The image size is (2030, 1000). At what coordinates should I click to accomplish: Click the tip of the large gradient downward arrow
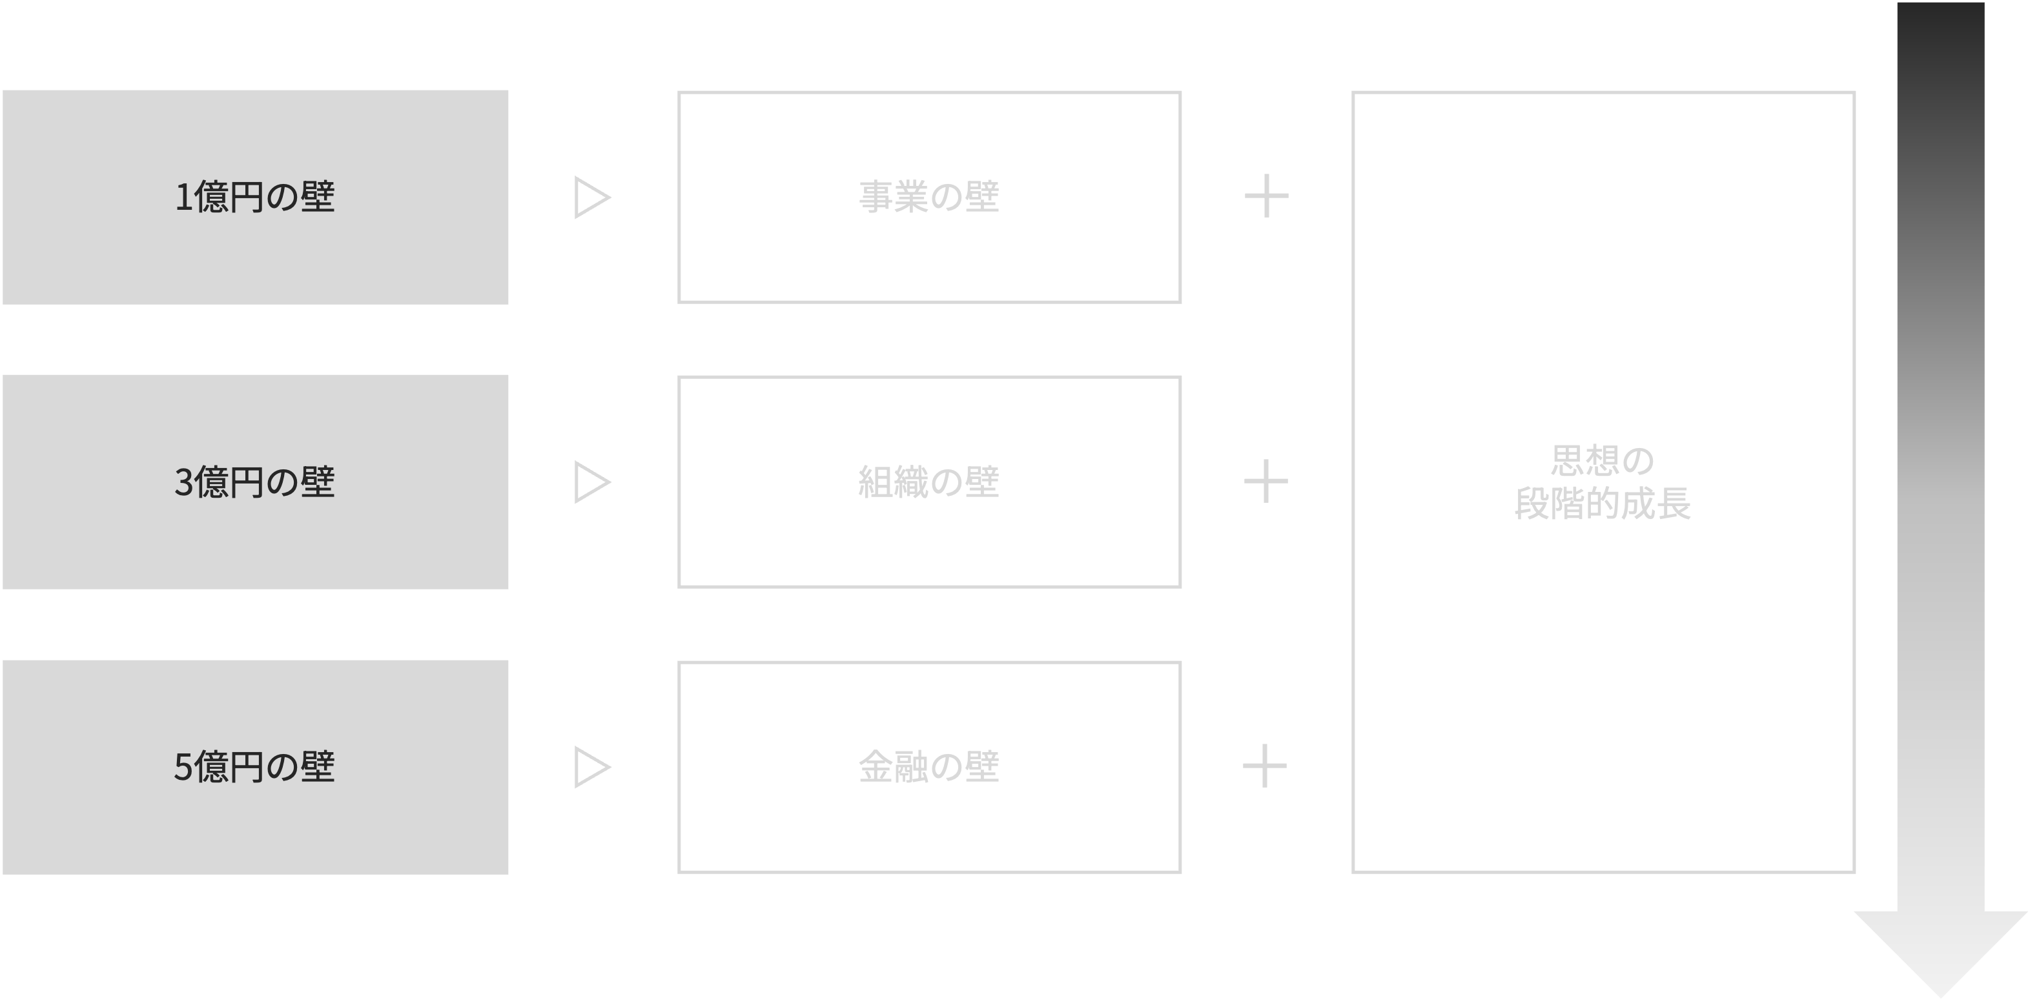tap(1940, 997)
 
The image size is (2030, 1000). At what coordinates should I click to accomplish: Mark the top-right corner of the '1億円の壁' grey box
tap(508, 90)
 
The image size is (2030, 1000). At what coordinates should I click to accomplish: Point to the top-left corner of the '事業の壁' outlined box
tap(679, 92)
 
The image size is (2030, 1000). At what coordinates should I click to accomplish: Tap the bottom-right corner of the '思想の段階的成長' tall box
tap(1854, 872)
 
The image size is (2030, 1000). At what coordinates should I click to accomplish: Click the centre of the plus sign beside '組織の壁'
tap(1266, 481)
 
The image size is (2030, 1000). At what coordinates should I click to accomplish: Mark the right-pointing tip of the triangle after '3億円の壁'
tap(611, 482)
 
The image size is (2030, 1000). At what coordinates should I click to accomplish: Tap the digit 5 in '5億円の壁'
tap(183, 768)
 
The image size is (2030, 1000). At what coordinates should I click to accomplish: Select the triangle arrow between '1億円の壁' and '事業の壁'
tap(593, 197)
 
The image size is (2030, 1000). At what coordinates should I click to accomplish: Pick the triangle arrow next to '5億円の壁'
tap(593, 767)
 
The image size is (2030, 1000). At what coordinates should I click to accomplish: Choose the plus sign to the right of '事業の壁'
tap(1266, 196)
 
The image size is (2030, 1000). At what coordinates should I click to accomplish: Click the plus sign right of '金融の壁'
tap(1265, 765)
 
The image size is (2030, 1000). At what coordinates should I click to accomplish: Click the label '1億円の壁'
tap(254, 197)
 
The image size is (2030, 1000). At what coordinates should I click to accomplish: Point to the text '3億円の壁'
tap(254, 482)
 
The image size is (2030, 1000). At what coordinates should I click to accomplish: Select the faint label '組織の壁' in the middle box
tap(929, 482)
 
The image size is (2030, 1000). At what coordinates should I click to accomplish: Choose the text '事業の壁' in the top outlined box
tap(929, 197)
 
